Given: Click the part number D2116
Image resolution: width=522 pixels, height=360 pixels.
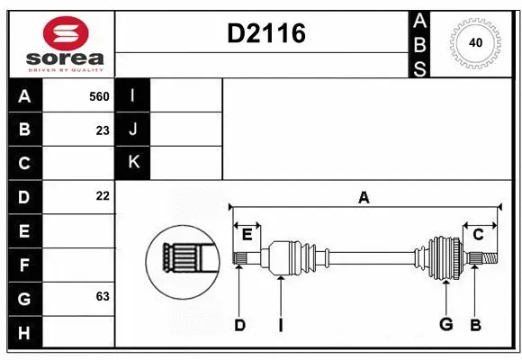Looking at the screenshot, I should click(266, 33).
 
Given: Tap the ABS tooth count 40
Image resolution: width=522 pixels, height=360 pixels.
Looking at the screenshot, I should click(474, 42).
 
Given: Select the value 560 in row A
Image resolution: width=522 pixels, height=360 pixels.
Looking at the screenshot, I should click(99, 95).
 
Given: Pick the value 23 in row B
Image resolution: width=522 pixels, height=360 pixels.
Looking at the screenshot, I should click(103, 130).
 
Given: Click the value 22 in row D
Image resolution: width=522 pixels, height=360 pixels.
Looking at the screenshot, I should click(103, 196).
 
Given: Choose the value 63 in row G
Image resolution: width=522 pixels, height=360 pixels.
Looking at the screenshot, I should click(103, 295).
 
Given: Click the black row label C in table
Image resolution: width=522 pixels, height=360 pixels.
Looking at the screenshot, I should click(24, 163).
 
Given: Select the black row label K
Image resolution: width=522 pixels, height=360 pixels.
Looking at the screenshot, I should click(133, 162).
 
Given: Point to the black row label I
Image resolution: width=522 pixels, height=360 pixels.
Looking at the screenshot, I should click(133, 95).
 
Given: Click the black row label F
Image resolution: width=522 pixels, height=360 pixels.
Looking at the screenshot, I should click(24, 265).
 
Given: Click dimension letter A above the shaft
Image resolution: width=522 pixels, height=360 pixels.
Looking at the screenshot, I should click(364, 197).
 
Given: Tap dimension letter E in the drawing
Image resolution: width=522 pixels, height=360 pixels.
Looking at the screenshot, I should click(247, 235).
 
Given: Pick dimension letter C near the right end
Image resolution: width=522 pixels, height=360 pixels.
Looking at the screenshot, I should click(478, 235).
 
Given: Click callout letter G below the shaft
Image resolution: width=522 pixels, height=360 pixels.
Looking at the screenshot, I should click(445, 325).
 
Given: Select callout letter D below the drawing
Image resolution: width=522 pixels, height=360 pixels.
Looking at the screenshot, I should click(239, 325).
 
